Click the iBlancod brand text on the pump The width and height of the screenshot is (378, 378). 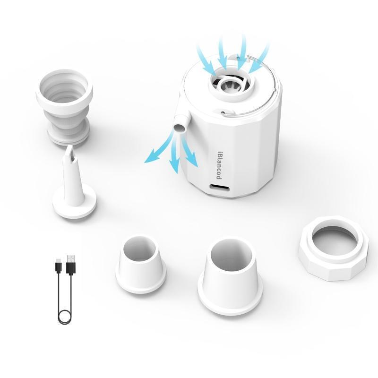tap(219, 165)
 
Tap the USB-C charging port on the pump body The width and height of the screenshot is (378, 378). tap(220, 187)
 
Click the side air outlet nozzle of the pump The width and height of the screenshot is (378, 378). tap(180, 125)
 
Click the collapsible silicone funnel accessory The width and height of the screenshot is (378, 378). tap(65, 108)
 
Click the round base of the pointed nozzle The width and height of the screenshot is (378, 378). tap(75, 204)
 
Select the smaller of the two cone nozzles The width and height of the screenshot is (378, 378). tap(141, 264)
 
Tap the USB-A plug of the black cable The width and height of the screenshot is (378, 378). tap(70, 265)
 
